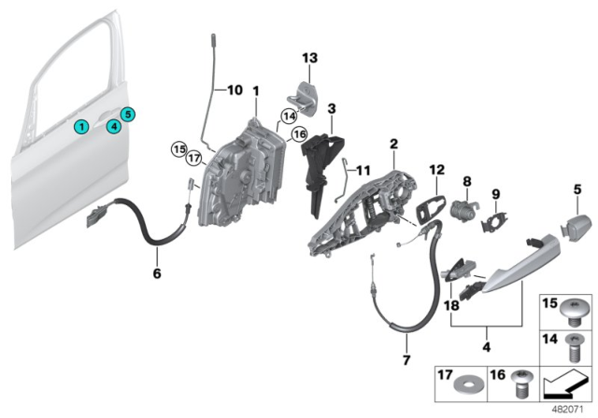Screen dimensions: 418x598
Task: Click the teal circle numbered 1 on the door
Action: point(82,126)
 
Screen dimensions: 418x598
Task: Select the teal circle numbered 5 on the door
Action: point(128,114)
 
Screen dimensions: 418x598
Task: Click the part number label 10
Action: point(234,91)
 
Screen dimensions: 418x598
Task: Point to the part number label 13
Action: point(310,58)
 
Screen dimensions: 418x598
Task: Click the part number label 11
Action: point(363,169)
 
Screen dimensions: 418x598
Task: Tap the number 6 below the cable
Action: point(156,273)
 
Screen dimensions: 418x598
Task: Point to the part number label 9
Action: point(497,194)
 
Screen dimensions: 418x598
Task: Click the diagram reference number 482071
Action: point(564,407)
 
